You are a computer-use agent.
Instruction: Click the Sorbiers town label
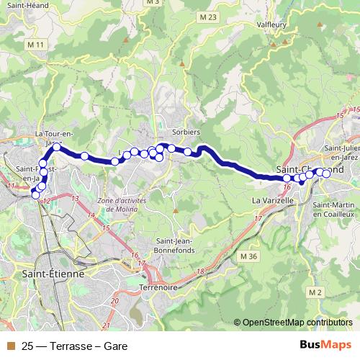pyautogui.click(x=186, y=133)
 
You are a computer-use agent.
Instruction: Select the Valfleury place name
pyautogui.click(x=272, y=24)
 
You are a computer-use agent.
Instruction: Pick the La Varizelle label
pyautogui.click(x=272, y=199)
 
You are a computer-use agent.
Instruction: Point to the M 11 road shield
pyautogui.click(x=36, y=45)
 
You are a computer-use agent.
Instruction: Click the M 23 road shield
pyautogui.click(x=209, y=17)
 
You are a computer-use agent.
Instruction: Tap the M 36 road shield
pyautogui.click(x=248, y=256)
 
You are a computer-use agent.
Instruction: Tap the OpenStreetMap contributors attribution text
pyautogui.click(x=297, y=322)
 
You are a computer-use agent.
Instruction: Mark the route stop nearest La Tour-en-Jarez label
pyautogui.click(x=57, y=147)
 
